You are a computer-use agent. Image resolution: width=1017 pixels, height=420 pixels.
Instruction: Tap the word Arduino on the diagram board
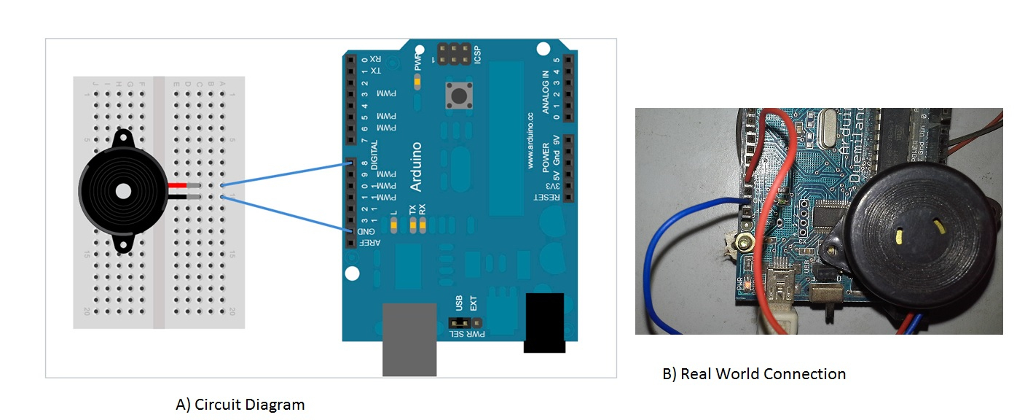pos(416,167)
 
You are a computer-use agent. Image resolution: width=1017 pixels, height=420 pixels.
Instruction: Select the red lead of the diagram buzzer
pos(177,185)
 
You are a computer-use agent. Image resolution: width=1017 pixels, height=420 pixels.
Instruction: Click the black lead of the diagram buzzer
pos(177,197)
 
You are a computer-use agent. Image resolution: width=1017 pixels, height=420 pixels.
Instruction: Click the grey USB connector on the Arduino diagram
pos(409,339)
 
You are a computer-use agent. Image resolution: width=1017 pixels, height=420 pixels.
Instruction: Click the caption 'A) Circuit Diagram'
pos(240,404)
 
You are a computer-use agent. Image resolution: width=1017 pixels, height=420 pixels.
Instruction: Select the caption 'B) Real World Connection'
pos(754,374)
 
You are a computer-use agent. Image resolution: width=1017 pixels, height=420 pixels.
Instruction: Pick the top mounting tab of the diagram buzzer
pos(122,136)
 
